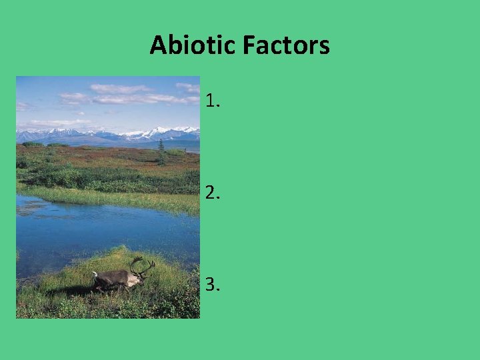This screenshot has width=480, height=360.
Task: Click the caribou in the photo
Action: [117, 279]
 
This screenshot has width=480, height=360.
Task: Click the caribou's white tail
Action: [95, 275]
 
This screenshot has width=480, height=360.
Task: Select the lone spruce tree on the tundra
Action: [161, 153]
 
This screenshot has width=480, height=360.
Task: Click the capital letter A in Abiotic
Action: [158, 45]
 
